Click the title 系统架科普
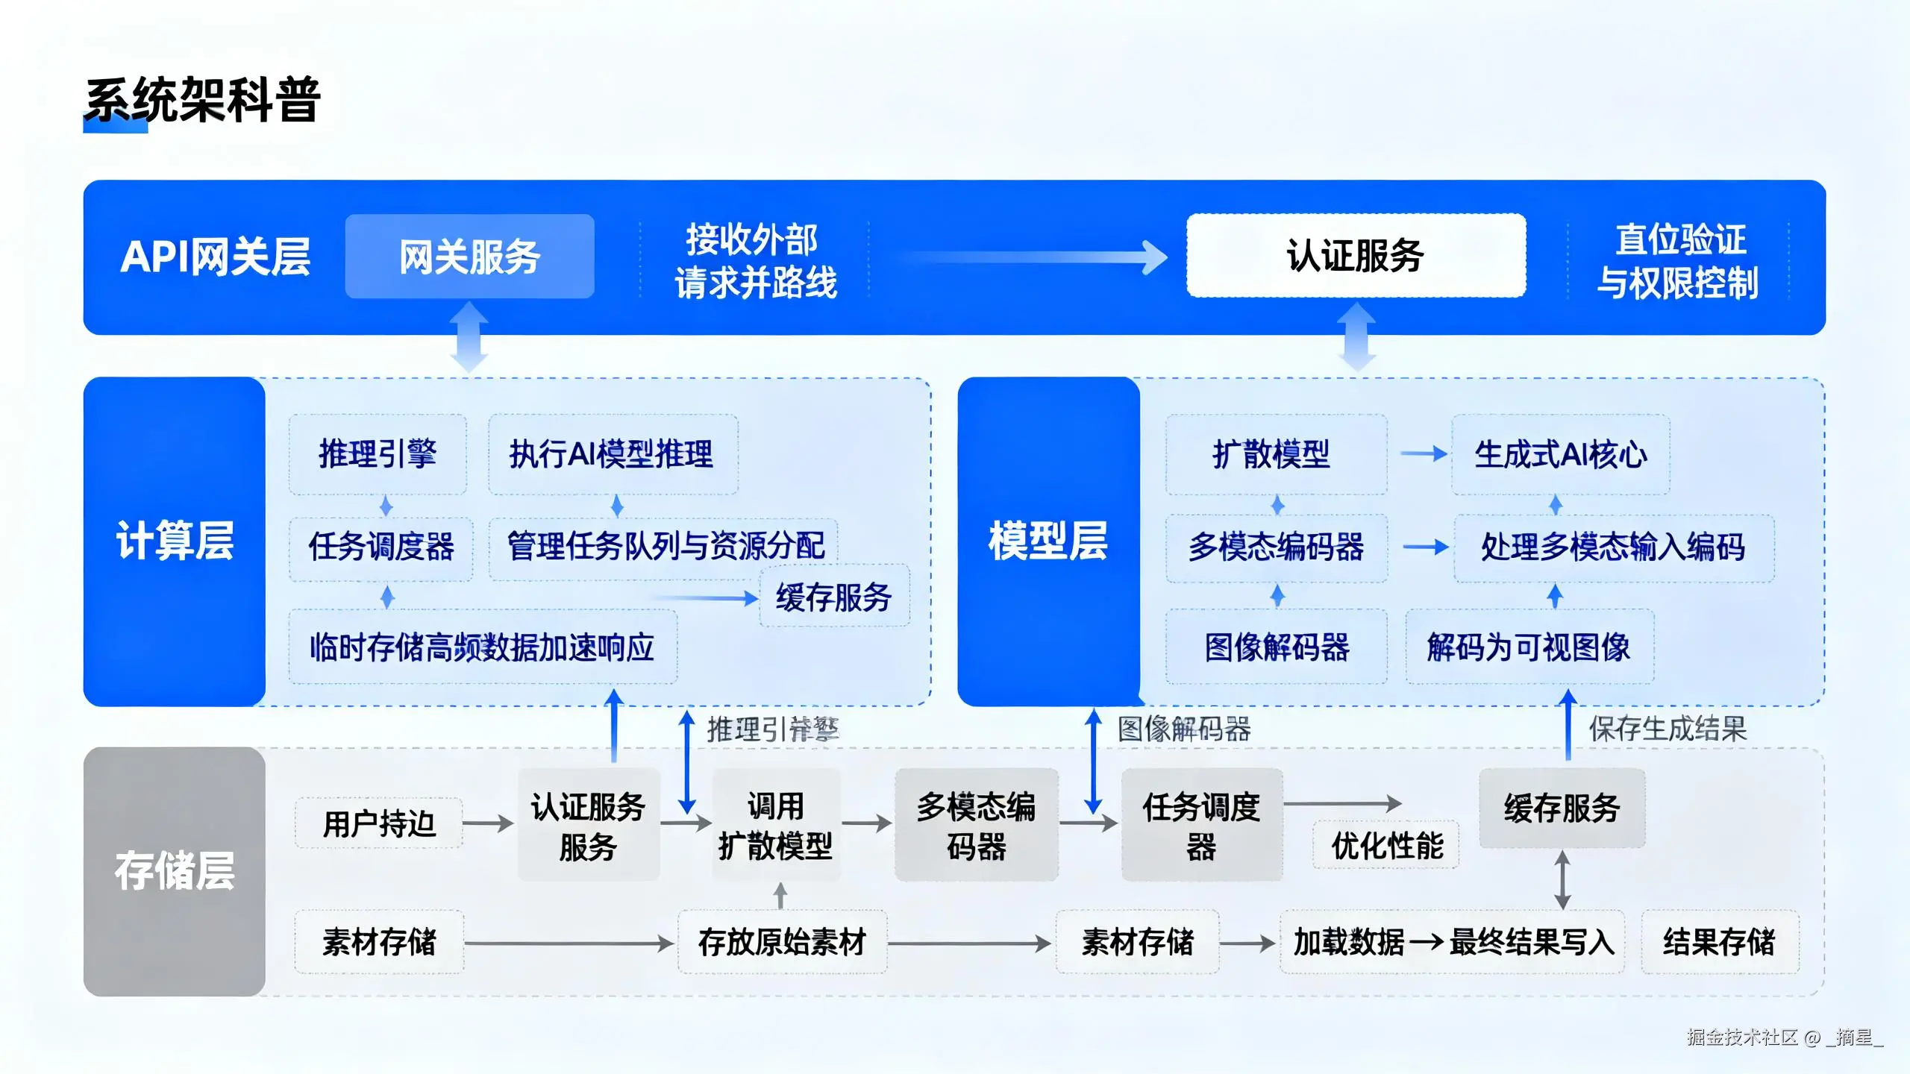click(x=202, y=101)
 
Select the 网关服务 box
click(x=469, y=257)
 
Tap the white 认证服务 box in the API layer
click(x=1356, y=256)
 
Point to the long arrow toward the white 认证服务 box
click(x=1030, y=258)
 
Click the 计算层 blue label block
click(x=175, y=541)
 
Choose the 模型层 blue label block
click(x=1048, y=541)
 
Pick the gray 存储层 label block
click(x=175, y=871)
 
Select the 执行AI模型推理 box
click(x=612, y=454)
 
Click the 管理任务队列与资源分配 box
click(x=664, y=547)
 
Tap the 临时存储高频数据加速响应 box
click(x=482, y=647)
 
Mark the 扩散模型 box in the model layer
click(x=1275, y=454)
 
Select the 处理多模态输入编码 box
click(x=1613, y=547)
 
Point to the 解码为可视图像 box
click(x=1529, y=647)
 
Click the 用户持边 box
click(x=378, y=823)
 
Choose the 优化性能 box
click(x=1387, y=846)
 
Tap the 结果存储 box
click(x=1719, y=942)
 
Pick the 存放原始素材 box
click(x=782, y=942)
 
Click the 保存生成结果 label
click(x=1668, y=729)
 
